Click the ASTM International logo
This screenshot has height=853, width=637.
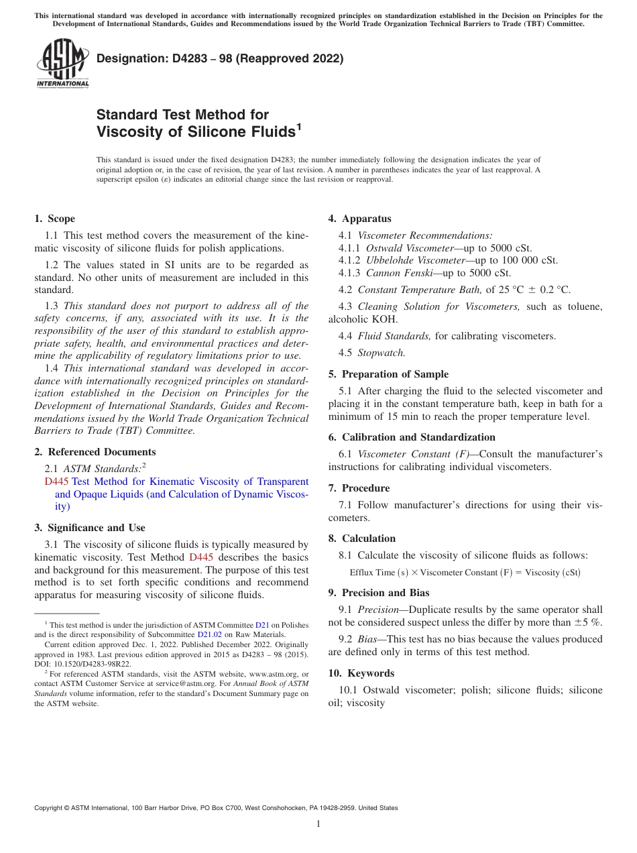[62, 63]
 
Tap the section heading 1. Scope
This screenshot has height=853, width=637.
[54, 219]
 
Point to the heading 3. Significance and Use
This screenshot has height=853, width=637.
[90, 528]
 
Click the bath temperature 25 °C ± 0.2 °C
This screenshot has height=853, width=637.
[528, 290]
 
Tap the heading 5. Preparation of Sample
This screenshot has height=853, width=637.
[388, 374]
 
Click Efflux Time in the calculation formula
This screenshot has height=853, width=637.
[372, 573]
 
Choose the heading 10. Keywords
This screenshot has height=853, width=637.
[361, 673]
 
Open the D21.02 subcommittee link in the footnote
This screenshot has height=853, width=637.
[209, 634]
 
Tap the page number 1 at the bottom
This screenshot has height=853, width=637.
[318, 824]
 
